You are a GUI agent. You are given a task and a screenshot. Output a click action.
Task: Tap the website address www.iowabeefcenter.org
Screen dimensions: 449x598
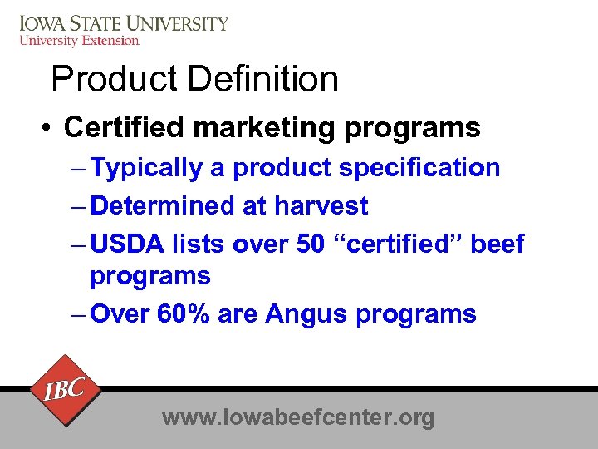pyautogui.click(x=298, y=417)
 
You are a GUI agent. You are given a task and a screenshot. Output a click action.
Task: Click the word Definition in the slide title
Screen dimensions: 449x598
pyautogui.click(x=263, y=79)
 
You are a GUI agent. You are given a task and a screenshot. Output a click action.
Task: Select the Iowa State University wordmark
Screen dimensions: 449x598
pyautogui.click(x=123, y=23)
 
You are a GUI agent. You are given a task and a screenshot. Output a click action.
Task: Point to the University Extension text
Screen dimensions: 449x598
pyautogui.click(x=79, y=40)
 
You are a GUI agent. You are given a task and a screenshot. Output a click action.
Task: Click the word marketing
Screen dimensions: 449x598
pyautogui.click(x=267, y=128)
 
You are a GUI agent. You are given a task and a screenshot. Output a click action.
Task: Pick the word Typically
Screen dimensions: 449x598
pyautogui.click(x=146, y=169)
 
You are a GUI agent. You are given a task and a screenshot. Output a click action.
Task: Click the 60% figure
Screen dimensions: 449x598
pyautogui.click(x=191, y=314)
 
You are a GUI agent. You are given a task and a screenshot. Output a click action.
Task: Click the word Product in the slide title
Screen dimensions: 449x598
pyautogui.click(x=115, y=79)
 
